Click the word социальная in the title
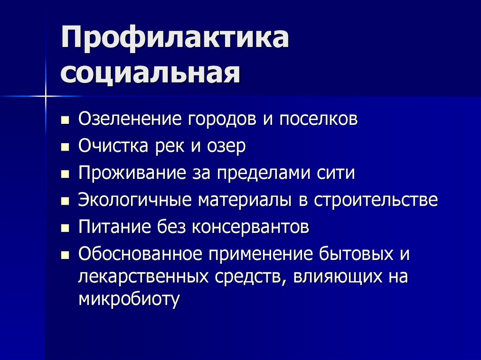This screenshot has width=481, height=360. (149, 73)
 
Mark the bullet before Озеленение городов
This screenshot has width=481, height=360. (65, 120)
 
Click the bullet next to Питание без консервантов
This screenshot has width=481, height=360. (65, 229)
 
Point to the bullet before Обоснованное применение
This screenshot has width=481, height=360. (65, 256)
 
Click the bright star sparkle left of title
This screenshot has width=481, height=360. (47, 96)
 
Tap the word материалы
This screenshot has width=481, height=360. (246, 201)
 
